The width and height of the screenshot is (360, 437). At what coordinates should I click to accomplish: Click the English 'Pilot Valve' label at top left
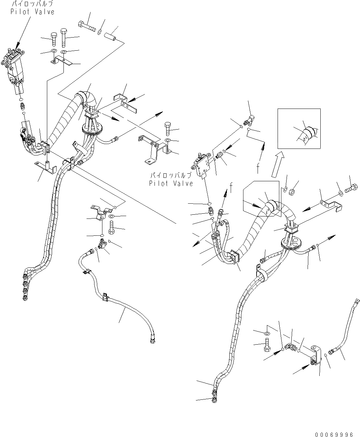coord(32,12)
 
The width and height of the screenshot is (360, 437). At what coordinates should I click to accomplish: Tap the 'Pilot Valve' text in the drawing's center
coord(171,183)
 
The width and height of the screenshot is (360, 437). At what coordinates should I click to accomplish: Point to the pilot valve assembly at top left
coord(15,67)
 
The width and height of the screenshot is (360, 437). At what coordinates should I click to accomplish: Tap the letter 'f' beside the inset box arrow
coord(257,169)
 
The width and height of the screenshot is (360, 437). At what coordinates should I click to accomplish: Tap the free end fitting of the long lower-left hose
coord(152,341)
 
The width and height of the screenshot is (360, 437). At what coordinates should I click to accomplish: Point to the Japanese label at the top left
coord(32,5)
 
